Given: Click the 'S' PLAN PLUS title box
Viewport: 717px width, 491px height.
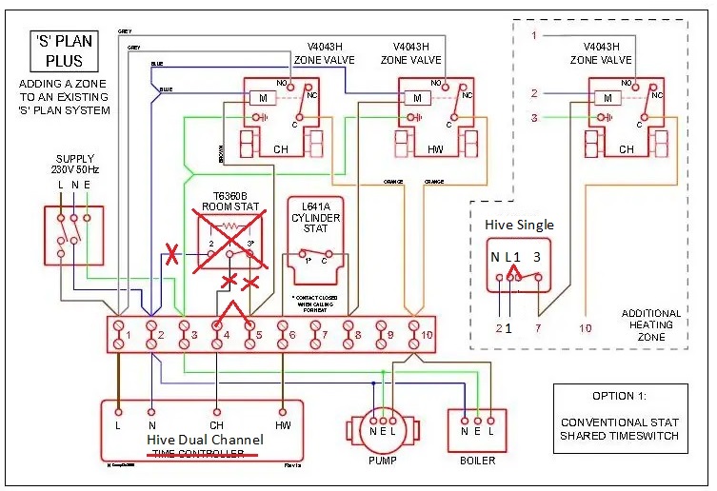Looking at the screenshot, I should point(59,51).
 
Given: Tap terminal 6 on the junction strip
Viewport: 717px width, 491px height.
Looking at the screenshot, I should point(283,333).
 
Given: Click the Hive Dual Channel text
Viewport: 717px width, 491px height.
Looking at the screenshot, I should point(202,440).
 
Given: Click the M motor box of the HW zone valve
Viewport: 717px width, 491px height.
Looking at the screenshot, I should point(412,98).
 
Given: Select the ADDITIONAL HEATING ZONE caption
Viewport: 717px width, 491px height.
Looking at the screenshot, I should point(650,324).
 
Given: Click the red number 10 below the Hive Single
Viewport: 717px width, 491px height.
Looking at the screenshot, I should point(585,328).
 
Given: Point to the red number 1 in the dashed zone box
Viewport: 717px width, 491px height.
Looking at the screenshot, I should point(534,35).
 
